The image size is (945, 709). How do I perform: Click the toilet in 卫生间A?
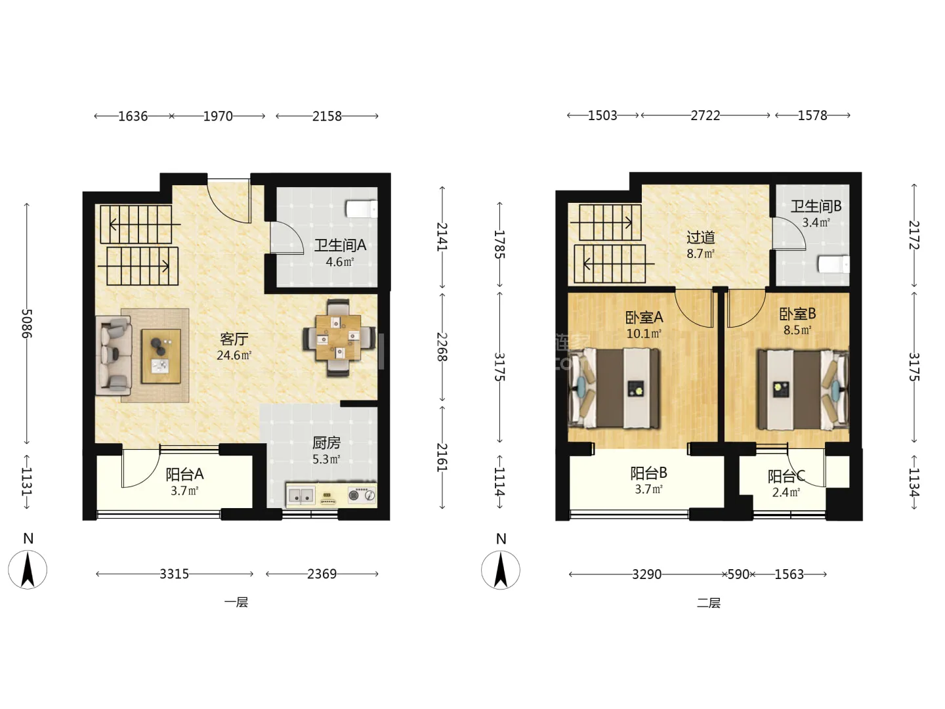click(x=361, y=209)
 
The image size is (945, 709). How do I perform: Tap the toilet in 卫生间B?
click(x=833, y=265)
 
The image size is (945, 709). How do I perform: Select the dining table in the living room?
click(x=338, y=338)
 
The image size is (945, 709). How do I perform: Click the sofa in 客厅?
click(x=114, y=356)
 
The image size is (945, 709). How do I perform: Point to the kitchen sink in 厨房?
click(x=301, y=495)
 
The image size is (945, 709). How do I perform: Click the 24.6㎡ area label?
click(x=234, y=356)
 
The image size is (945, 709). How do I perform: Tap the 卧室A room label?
click(x=644, y=318)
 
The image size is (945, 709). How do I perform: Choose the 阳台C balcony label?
click(x=786, y=477)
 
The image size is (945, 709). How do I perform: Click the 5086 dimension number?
click(x=27, y=323)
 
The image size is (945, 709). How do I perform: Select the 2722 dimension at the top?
click(x=705, y=116)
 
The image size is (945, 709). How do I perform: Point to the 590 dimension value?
click(x=738, y=574)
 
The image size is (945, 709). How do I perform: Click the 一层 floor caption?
click(x=236, y=602)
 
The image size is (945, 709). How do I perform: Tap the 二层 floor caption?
click(x=709, y=603)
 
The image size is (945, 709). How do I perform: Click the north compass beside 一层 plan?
click(x=28, y=569)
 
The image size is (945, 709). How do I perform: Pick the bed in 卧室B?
click(x=803, y=389)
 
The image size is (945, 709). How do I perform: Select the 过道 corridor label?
click(x=700, y=237)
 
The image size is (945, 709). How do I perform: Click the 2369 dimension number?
click(x=322, y=574)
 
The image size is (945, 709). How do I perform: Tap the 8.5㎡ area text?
click(x=797, y=330)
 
